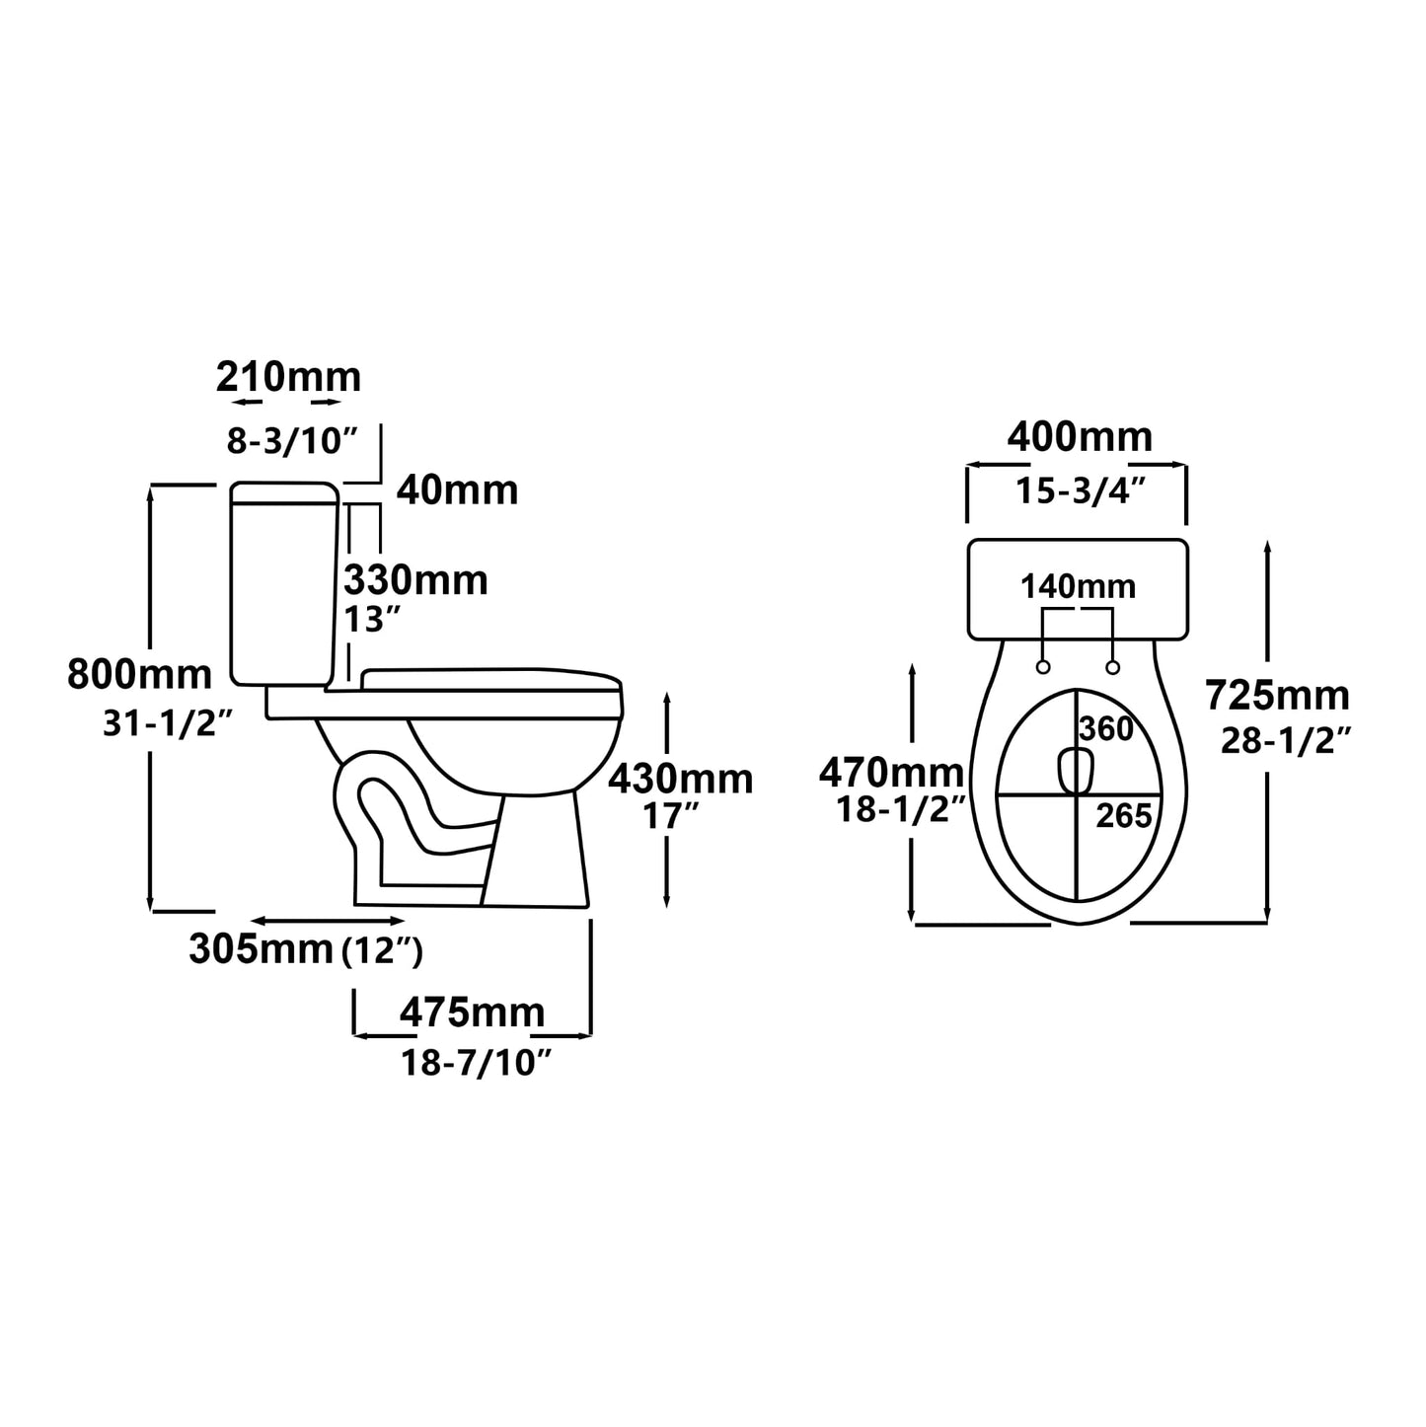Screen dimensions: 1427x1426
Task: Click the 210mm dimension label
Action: pos(288,377)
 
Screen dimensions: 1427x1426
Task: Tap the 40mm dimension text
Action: pos(457,490)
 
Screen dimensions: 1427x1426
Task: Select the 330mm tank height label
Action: pos(415,580)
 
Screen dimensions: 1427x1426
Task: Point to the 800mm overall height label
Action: pos(139,675)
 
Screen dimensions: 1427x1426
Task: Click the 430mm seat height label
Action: pos(680,780)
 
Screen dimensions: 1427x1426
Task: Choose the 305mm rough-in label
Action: pos(261,949)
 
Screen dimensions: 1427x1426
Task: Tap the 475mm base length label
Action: pos(472,1013)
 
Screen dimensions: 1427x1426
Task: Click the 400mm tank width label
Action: pos(1079,436)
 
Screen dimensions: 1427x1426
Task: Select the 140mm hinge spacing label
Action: pos(1078,587)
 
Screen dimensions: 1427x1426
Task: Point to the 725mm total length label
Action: pos(1277,696)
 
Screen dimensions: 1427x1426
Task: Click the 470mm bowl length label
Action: pos(890,773)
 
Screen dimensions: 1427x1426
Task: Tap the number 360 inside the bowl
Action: pos(1105,729)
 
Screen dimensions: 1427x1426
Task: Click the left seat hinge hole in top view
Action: pos(1043,668)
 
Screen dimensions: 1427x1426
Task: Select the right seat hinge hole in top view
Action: pos(1112,668)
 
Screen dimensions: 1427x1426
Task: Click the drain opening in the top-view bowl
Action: pos(1075,772)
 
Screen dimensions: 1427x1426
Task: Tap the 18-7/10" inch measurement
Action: pos(475,1063)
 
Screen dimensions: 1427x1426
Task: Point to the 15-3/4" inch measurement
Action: pos(1081,490)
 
